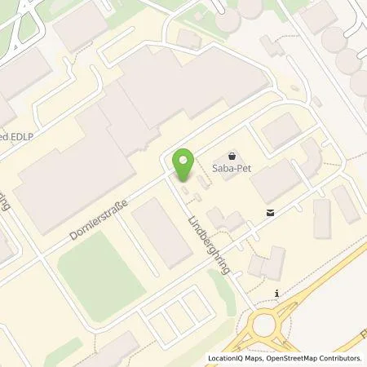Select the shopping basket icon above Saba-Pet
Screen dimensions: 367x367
pyautogui.click(x=232, y=154)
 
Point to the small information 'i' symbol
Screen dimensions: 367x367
pyautogui.click(x=278, y=293)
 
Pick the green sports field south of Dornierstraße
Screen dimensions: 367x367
pyautogui.click(x=92, y=276)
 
